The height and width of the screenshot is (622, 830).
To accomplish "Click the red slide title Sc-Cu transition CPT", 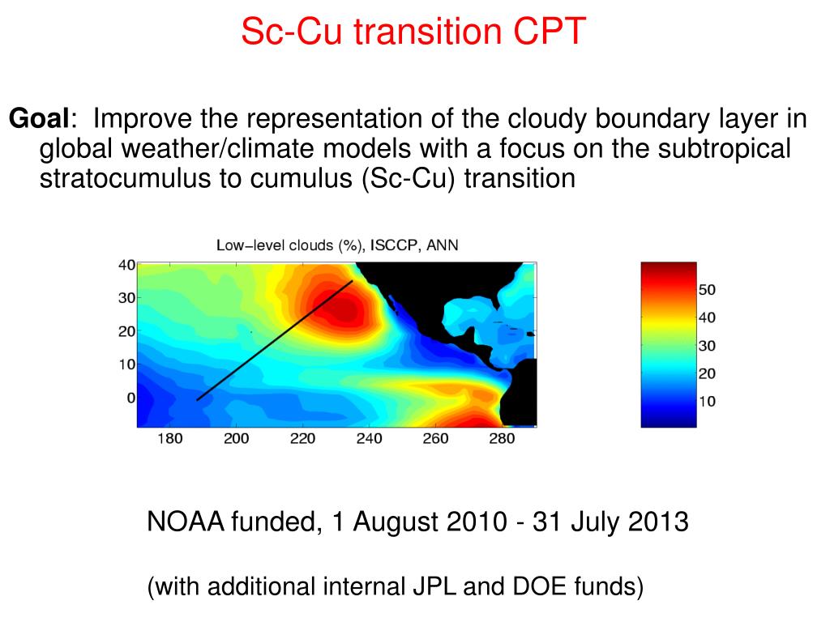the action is point(413,32).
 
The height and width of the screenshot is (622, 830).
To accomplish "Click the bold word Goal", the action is point(39,118).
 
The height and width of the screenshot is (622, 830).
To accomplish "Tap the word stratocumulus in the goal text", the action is point(125,178).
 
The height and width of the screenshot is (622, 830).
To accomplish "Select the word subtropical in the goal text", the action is point(724,149).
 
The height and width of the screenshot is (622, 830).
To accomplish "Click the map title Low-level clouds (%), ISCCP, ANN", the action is point(337,245).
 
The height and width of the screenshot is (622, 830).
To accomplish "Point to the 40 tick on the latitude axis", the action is point(127,265).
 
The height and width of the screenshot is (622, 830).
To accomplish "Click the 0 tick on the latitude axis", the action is point(131,398).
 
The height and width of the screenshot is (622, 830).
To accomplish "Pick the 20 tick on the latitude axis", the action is point(127,331).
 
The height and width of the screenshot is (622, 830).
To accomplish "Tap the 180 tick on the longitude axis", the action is point(169,438).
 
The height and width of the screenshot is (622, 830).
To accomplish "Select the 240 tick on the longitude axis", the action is point(369,438).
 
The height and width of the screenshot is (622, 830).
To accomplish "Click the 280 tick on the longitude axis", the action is point(502,438).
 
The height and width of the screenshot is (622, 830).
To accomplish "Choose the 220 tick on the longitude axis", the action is point(303,438).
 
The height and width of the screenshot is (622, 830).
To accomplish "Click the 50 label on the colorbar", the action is point(707,290).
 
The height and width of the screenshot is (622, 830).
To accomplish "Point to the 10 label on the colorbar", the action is point(707,402).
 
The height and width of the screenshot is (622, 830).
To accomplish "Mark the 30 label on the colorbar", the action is point(707,346).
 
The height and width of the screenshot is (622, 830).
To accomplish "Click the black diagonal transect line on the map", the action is point(275,341).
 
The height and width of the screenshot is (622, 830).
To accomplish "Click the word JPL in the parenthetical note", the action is point(434,586).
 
